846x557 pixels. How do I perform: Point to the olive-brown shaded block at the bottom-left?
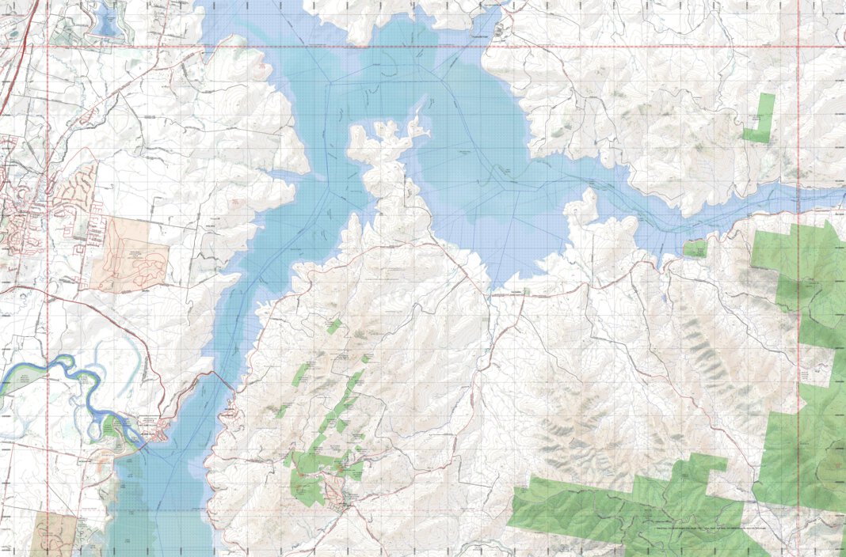54,533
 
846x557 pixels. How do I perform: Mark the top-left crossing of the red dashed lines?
48,47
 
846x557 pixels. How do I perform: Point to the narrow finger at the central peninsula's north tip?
416,119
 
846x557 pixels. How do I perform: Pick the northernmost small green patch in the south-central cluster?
334,325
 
